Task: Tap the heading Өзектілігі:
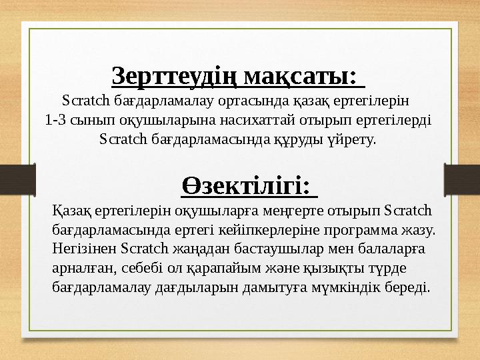249,185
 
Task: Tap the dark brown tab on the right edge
466,175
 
